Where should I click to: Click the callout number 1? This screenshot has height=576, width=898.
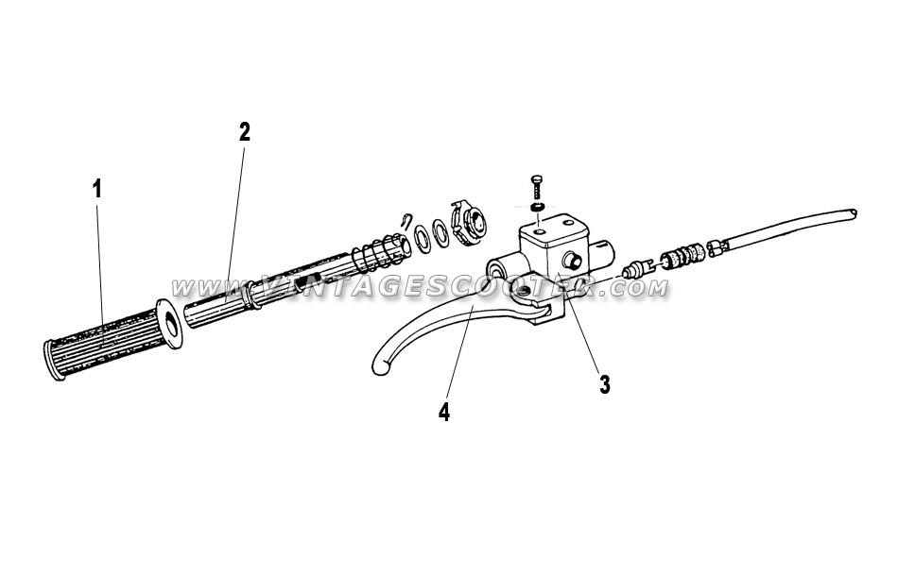click(x=97, y=189)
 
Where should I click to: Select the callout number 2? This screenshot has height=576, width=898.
click(x=245, y=132)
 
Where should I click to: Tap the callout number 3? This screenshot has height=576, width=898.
click(x=605, y=384)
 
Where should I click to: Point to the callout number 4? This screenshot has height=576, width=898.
click(x=444, y=412)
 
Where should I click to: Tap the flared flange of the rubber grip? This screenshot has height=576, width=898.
click(x=169, y=324)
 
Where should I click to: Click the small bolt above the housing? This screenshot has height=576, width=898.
click(x=537, y=186)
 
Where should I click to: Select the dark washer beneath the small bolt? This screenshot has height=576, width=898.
click(x=537, y=207)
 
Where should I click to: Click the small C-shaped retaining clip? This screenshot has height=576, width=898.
click(x=406, y=219)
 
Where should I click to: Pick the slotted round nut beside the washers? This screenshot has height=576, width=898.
click(x=469, y=223)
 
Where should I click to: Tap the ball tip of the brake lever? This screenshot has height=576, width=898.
click(x=380, y=366)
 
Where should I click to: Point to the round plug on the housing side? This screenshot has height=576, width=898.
click(x=573, y=261)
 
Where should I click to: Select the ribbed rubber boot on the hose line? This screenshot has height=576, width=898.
click(x=682, y=255)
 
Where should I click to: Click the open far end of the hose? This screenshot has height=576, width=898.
click(x=853, y=212)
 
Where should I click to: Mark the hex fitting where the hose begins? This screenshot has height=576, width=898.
click(x=718, y=247)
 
